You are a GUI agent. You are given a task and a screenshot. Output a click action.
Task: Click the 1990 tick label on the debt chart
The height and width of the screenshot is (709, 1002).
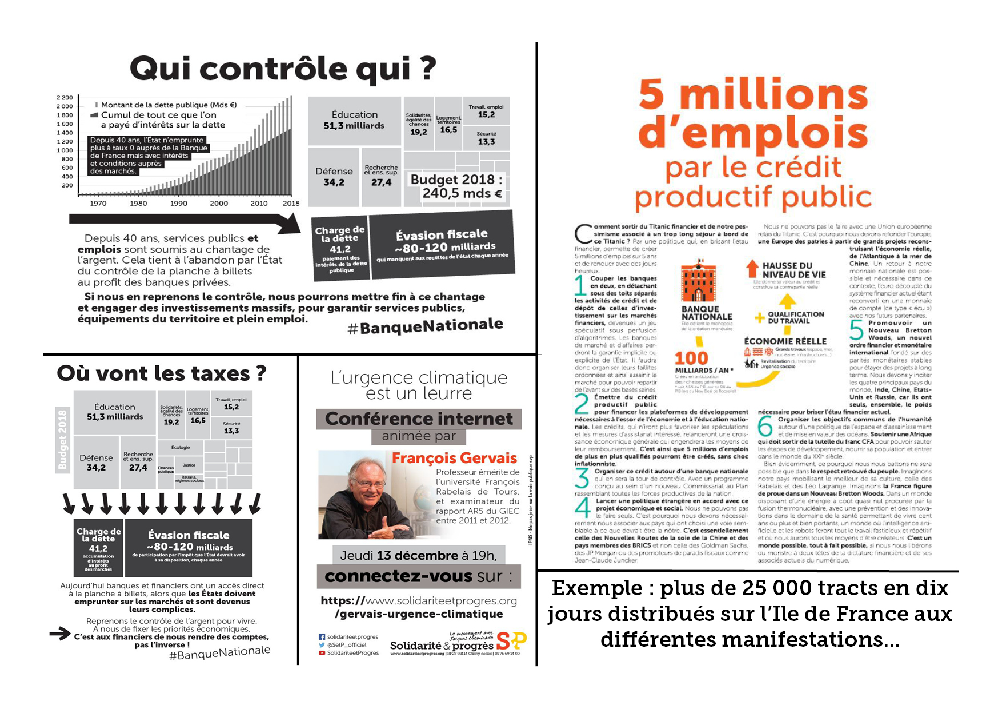pos(178,203)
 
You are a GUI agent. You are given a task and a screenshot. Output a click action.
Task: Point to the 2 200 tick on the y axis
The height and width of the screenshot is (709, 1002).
pos(65,98)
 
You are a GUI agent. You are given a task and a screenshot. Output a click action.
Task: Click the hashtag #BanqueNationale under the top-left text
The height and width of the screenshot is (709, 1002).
pos(425,326)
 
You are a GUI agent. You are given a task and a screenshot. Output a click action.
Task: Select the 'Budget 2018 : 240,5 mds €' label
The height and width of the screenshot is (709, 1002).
pos(456,186)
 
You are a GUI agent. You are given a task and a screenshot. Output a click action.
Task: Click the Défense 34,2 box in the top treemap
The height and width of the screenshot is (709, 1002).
pos(334,177)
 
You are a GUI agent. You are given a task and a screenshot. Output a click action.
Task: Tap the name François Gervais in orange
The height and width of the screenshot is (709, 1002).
pos(454,458)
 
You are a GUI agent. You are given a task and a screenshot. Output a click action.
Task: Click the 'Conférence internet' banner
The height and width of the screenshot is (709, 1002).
pos(419,419)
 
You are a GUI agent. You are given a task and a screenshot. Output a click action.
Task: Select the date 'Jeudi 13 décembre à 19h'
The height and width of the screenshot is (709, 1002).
pos(419,555)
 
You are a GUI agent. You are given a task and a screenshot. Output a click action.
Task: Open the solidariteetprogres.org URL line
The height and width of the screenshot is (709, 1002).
pos(419,601)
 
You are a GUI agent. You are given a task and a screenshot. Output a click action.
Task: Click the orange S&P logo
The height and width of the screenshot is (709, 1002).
pos(511,641)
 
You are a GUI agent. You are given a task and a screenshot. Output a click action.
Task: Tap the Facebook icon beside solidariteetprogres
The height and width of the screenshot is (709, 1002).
pos(322,636)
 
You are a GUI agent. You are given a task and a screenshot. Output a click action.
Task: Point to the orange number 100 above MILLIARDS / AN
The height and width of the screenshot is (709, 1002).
pos(691,359)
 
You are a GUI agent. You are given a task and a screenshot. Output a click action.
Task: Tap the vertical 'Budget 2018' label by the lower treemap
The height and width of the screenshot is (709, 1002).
pos(62,439)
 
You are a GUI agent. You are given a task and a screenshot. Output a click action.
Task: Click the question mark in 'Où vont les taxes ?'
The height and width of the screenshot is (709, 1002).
pos(260,373)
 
